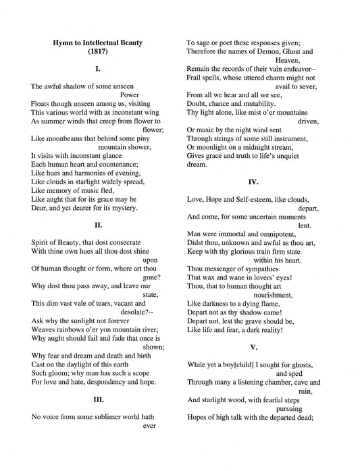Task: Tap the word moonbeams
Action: [63, 138]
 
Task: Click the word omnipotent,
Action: [265, 233]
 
